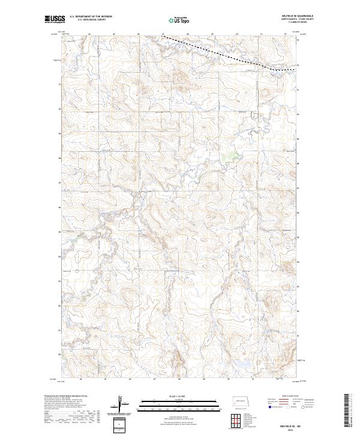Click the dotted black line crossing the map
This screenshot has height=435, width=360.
216,53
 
